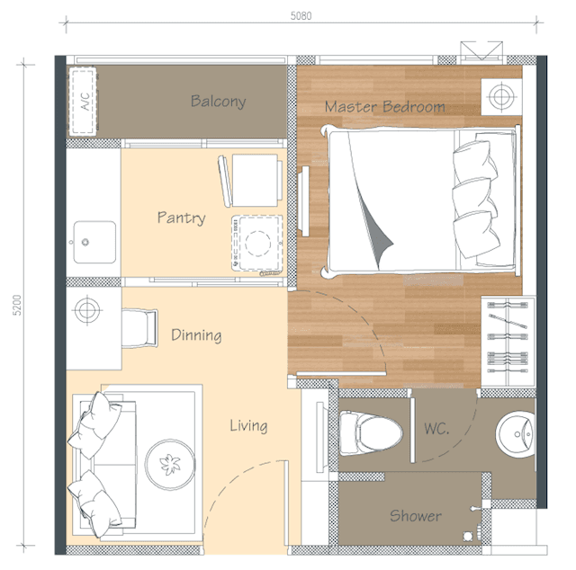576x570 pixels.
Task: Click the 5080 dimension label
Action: click(x=301, y=16)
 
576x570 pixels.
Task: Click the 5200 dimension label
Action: click(x=17, y=305)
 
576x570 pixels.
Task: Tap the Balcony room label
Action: click(x=218, y=101)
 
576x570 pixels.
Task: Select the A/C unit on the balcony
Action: click(x=83, y=102)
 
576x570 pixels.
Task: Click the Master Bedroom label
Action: click(x=384, y=107)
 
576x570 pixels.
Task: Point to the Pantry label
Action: click(x=181, y=218)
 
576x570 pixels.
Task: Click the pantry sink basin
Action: click(x=94, y=242)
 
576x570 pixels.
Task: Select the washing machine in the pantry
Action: click(x=257, y=244)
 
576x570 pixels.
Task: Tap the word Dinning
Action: click(x=196, y=335)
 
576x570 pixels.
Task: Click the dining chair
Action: click(x=139, y=328)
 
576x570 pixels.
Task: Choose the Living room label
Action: click(x=248, y=426)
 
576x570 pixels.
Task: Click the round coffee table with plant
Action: click(x=170, y=465)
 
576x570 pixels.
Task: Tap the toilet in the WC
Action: click(x=370, y=433)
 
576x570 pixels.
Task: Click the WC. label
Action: click(x=436, y=428)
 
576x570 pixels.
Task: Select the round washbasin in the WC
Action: click(x=515, y=434)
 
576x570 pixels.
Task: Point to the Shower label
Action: click(x=416, y=516)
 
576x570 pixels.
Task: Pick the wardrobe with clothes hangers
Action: click(x=508, y=341)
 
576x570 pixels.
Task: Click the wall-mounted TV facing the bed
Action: click(x=303, y=201)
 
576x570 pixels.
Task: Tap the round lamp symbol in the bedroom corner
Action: click(x=501, y=96)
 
